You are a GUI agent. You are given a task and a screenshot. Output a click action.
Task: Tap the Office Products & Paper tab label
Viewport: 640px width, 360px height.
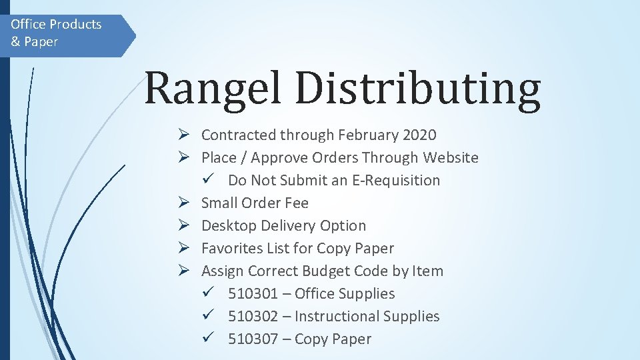pos(56,33)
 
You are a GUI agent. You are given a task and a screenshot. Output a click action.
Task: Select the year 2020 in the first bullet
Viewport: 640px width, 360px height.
pos(419,135)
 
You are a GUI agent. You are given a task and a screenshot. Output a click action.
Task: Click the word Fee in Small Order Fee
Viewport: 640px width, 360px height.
pos(296,203)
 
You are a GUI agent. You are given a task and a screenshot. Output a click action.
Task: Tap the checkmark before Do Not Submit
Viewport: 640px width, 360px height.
pos(208,180)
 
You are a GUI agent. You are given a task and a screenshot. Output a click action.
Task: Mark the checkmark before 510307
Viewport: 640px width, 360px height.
pos(208,339)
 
